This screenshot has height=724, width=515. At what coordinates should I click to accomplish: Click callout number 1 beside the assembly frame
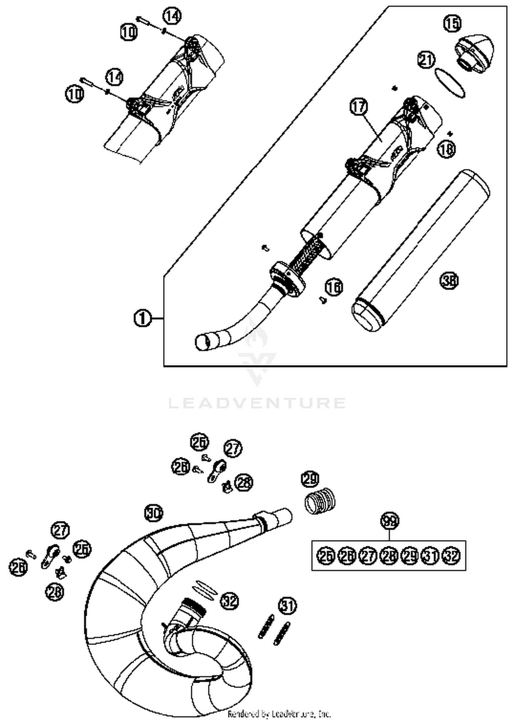(142, 319)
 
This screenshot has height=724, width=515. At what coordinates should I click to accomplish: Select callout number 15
(452, 23)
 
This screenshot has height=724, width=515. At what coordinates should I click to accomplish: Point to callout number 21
(426, 60)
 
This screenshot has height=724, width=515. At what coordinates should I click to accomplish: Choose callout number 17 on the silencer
(358, 107)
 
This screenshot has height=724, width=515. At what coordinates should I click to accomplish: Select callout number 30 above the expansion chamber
(153, 513)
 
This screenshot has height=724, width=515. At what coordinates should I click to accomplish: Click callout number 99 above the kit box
(390, 521)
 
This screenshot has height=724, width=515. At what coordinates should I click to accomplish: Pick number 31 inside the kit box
(430, 556)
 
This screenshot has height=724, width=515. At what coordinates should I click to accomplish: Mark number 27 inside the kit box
(368, 556)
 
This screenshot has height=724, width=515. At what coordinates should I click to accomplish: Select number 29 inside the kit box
(410, 556)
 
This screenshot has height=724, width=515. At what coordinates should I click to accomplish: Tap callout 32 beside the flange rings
(229, 601)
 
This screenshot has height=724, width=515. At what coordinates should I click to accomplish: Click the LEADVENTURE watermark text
(257, 403)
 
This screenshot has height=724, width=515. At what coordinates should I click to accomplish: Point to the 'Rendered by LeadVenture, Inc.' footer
(279, 714)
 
